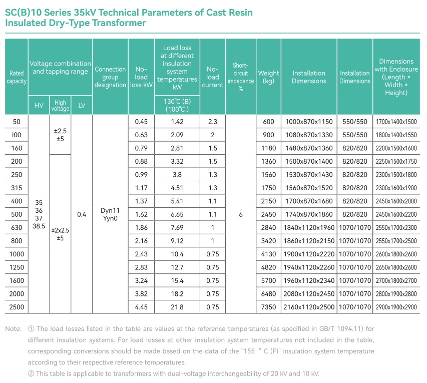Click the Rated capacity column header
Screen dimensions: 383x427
click(x=17, y=77)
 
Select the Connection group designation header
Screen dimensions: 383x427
click(x=110, y=77)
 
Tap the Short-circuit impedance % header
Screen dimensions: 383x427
click(x=241, y=77)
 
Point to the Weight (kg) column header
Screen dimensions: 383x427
click(x=268, y=77)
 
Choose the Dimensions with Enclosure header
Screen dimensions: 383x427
click(x=396, y=77)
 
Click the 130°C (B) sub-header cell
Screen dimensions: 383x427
click(x=177, y=106)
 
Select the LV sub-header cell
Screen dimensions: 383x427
click(x=82, y=106)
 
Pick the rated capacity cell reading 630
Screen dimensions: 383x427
click(x=17, y=227)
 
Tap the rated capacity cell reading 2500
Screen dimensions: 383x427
click(x=17, y=307)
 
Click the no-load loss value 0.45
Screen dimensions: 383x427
click(x=141, y=122)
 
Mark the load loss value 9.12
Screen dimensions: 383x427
click(x=177, y=241)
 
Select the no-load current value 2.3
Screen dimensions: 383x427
click(x=212, y=122)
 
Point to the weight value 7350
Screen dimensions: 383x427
click(x=268, y=307)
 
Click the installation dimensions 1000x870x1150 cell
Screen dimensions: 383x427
click(x=309, y=122)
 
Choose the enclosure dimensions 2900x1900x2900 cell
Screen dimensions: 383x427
click(x=396, y=307)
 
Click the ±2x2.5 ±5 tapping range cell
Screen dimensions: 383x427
click(x=60, y=234)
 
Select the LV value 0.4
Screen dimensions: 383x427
click(x=82, y=214)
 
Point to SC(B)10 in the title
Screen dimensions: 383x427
click(x=24, y=13)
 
